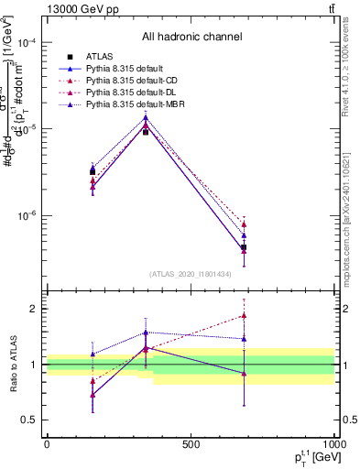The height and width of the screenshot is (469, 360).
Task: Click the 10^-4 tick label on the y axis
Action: coord(27,43)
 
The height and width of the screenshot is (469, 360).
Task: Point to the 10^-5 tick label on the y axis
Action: coord(27,130)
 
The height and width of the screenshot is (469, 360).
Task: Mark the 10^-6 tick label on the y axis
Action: coord(27,217)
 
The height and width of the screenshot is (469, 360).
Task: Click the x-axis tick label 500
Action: coord(191,444)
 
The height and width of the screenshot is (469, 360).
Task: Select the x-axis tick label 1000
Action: coord(333,444)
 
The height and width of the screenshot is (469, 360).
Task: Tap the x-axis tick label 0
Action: coord(47,444)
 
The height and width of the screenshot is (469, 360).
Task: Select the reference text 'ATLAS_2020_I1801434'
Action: coord(191,274)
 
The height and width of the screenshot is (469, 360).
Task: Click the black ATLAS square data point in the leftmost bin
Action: coord(93,171)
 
